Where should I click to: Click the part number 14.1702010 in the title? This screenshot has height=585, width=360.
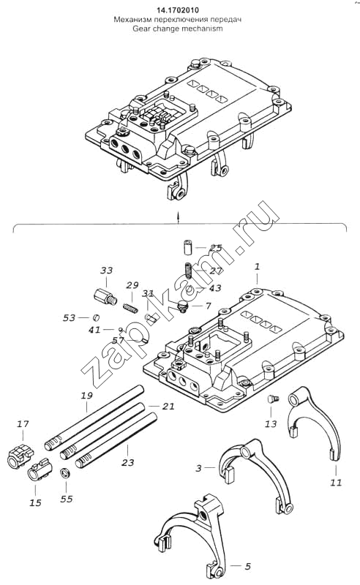tap(177, 10)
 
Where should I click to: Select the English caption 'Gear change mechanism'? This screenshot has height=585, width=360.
tap(178, 29)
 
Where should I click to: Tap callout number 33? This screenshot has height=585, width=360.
tap(106, 270)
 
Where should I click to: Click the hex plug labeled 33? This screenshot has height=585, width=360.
tap(105, 297)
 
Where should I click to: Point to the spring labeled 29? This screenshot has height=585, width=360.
tap(131, 307)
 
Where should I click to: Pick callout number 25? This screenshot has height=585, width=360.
tap(215, 248)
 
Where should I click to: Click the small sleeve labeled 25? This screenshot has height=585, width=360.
tap(187, 248)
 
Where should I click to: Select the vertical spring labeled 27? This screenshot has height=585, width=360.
tap(189, 271)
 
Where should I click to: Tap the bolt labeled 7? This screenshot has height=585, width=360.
tap(183, 307)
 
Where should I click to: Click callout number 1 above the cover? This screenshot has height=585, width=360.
tap(257, 266)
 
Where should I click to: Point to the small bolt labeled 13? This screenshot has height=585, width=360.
tap(273, 399)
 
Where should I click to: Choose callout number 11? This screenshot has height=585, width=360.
tap(336, 483)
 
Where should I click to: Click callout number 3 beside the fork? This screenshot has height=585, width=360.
tap(199, 467)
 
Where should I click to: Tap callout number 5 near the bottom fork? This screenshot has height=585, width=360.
tap(247, 566)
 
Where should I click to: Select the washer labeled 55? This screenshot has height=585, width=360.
tap(66, 474)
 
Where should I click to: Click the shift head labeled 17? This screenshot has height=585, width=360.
tap(20, 456)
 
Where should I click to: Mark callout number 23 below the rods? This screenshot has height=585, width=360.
tap(128, 463)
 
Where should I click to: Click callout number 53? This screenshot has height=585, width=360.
tap(69, 318)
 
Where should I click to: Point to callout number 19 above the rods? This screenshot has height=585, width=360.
tap(86, 396)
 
